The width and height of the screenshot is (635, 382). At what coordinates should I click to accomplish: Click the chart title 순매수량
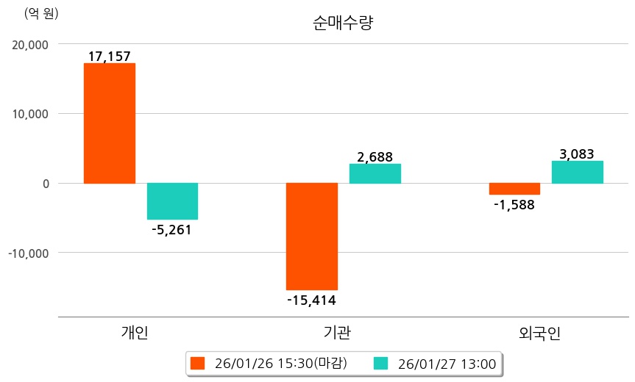click(343, 23)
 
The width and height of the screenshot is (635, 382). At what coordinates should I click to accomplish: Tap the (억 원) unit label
click(41, 13)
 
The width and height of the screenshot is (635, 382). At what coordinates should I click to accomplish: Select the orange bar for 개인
click(109, 123)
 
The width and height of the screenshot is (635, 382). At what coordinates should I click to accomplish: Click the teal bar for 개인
click(172, 201)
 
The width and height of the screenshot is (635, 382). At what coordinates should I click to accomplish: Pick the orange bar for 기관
click(311, 236)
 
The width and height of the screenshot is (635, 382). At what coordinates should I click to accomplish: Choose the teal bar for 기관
click(375, 173)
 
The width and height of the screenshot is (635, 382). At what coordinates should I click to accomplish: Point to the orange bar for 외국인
click(514, 189)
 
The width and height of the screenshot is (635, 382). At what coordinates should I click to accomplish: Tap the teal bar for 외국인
click(577, 172)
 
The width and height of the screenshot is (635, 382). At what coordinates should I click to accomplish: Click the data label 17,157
click(109, 56)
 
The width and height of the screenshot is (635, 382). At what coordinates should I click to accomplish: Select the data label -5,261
click(171, 230)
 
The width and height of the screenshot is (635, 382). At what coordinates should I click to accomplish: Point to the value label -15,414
click(311, 300)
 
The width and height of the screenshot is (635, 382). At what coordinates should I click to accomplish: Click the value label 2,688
click(375, 156)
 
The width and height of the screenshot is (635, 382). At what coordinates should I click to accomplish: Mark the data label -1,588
click(514, 205)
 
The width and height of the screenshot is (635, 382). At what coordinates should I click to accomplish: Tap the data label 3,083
click(577, 154)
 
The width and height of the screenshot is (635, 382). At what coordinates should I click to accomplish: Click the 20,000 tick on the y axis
click(30, 44)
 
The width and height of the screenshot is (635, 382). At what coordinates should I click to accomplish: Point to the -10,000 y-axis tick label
click(28, 253)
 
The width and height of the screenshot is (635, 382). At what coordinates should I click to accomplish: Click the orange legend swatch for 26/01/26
click(196, 363)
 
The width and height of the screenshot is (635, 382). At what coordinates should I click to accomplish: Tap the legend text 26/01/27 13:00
click(446, 363)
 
